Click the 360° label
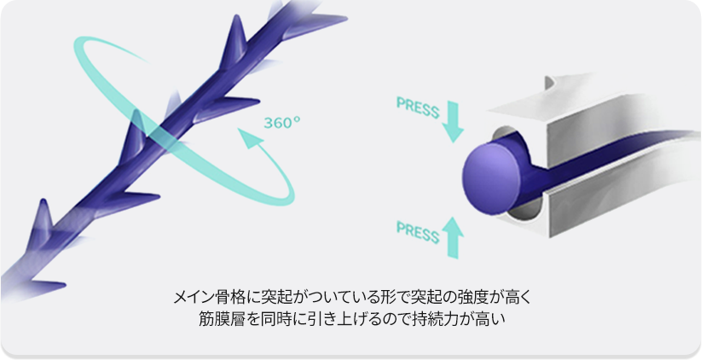point(282,123)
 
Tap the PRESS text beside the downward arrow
point(418,107)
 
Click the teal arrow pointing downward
point(453,122)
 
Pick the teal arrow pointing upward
point(453,237)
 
